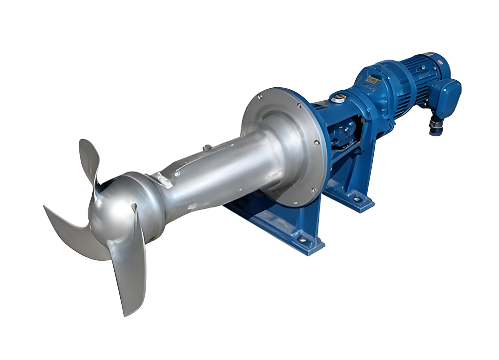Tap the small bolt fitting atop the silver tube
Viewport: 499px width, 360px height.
206,148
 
